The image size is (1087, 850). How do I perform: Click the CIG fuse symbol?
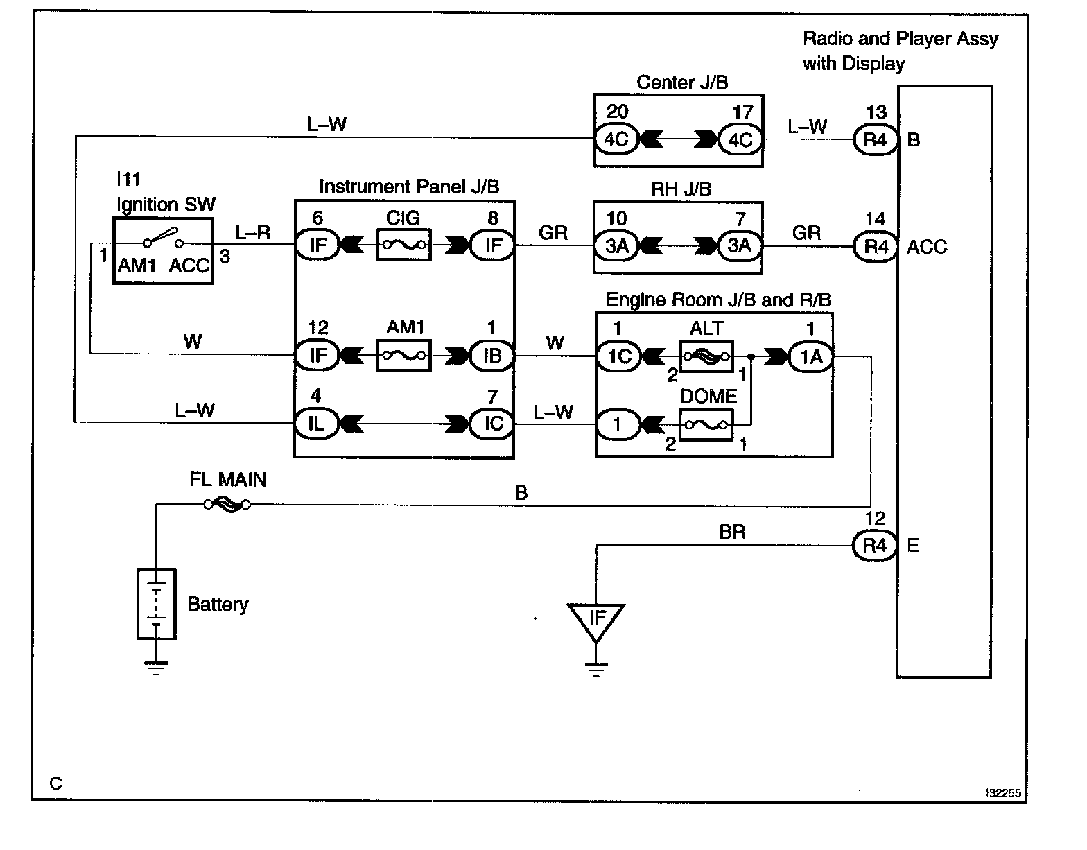[x=403, y=245]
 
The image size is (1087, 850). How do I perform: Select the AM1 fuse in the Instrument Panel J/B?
[x=403, y=355]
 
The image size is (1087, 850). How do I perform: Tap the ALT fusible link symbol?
[x=706, y=356]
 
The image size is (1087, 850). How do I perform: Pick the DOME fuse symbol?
[x=706, y=425]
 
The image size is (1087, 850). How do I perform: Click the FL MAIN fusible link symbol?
[x=227, y=504]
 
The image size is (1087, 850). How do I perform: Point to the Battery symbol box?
[x=157, y=603]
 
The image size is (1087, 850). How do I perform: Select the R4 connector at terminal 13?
[x=875, y=139]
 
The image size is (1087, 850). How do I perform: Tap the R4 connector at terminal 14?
[x=875, y=246]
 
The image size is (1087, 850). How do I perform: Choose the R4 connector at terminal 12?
[x=874, y=545]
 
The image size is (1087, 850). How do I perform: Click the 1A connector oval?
[x=811, y=357]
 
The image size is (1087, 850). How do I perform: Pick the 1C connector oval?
[x=619, y=356]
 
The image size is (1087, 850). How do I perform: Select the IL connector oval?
[x=317, y=424]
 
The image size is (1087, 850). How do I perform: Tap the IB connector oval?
[x=492, y=356]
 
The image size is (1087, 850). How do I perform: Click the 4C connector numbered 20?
[x=617, y=139]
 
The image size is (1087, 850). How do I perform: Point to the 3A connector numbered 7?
[x=740, y=245]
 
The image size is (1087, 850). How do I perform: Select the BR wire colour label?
[x=732, y=532]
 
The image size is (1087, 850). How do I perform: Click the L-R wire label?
[x=252, y=232]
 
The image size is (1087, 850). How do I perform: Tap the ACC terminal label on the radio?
[x=927, y=247]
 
